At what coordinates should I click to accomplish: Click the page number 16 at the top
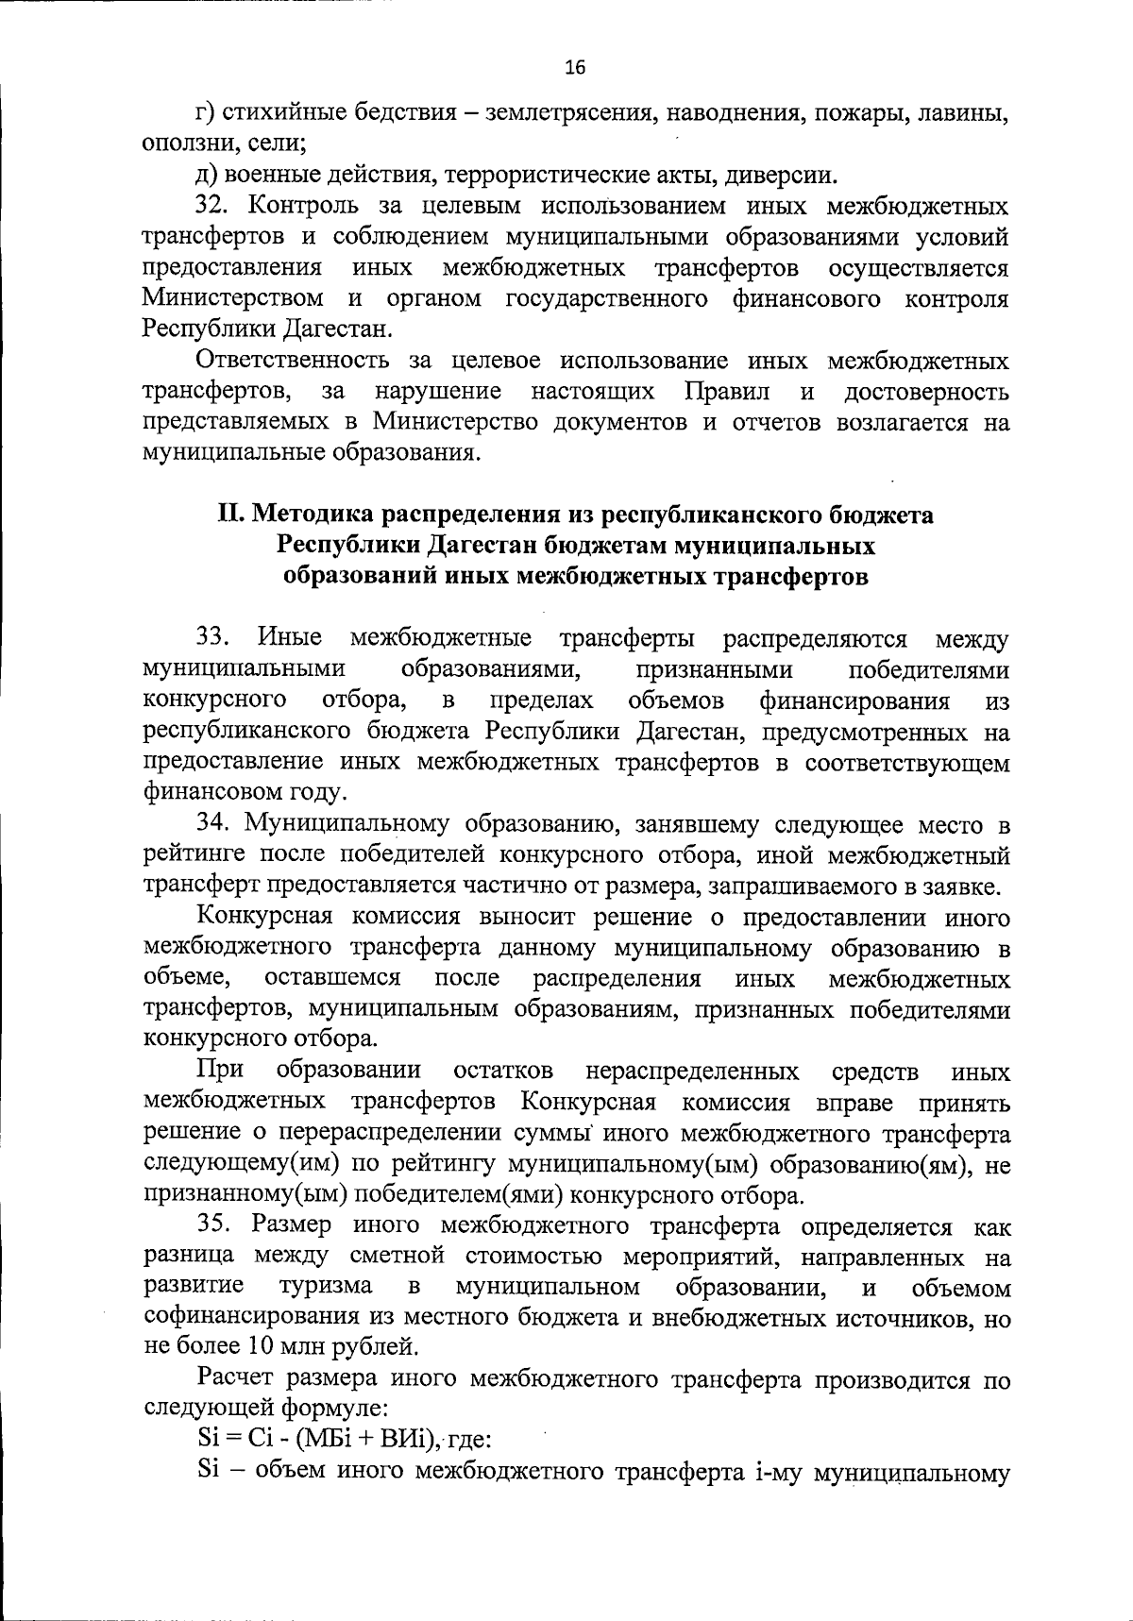point(575,67)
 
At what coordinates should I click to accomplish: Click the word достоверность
point(926,391)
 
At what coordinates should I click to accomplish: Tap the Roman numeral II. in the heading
point(232,515)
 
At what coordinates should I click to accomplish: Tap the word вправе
point(854,1103)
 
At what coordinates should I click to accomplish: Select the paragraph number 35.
point(214,1225)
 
